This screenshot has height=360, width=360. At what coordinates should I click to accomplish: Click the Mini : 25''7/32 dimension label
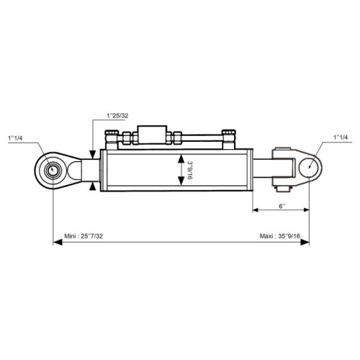(x=84, y=236)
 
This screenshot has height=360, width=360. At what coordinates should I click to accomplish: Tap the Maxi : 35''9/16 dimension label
(x=280, y=236)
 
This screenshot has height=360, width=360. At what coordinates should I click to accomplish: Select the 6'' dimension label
(x=282, y=206)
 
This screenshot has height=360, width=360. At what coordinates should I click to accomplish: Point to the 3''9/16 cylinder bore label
(x=189, y=171)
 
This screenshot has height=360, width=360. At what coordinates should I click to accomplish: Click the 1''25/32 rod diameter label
(x=117, y=116)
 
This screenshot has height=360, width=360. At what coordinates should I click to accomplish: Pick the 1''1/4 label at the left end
(x=15, y=138)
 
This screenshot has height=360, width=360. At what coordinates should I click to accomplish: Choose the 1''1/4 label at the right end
(x=341, y=138)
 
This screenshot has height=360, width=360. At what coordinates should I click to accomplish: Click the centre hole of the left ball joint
(x=51, y=170)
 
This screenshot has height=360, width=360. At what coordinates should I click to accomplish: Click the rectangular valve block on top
(x=152, y=135)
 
